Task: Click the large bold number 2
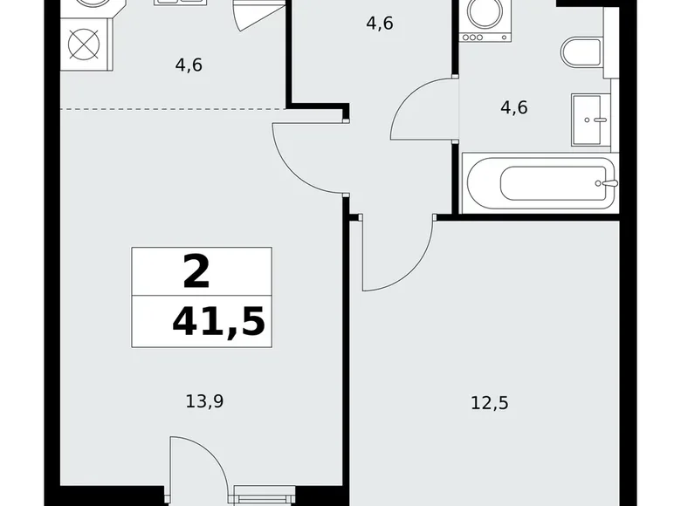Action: (x=197, y=271)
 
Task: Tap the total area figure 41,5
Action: (x=218, y=322)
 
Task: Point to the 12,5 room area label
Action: (x=491, y=403)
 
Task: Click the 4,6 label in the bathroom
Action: (x=513, y=108)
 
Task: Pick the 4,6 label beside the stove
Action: (x=189, y=65)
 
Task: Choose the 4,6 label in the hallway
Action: (x=379, y=24)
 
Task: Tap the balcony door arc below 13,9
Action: (x=196, y=462)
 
